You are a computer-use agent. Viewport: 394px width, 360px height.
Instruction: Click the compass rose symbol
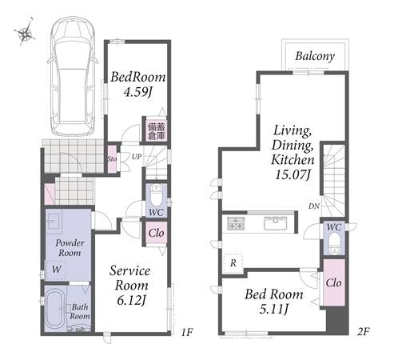[25, 34]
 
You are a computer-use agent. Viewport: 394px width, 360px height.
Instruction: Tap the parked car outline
[73, 77]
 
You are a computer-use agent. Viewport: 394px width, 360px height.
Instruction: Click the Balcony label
[315, 57]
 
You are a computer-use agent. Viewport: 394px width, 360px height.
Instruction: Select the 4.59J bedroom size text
[137, 92]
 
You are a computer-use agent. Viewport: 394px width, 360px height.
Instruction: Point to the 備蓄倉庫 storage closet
[157, 130]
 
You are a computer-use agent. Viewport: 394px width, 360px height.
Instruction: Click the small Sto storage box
[112, 159]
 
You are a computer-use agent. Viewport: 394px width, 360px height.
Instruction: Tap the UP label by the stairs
[137, 157]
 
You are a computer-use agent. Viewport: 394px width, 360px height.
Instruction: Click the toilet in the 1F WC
[157, 194]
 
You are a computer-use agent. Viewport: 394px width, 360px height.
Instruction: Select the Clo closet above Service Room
[157, 233]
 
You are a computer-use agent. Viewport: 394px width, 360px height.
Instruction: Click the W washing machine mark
[56, 270]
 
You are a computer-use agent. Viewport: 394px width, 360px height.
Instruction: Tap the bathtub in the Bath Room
[55, 309]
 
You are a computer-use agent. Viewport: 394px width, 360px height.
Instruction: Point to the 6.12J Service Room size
[131, 301]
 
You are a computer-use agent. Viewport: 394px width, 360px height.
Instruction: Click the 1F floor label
[187, 332]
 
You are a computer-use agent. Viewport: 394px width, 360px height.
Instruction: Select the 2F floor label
[364, 331]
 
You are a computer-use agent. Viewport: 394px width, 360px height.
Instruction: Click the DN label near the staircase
[314, 206]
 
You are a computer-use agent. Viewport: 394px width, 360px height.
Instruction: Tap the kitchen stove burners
[236, 224]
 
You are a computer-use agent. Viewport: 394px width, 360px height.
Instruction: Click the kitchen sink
[276, 223]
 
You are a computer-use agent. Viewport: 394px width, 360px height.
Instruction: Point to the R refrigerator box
[233, 263]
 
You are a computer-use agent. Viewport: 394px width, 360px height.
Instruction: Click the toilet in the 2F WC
[334, 243]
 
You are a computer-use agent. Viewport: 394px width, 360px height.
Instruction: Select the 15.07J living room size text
[293, 175]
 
